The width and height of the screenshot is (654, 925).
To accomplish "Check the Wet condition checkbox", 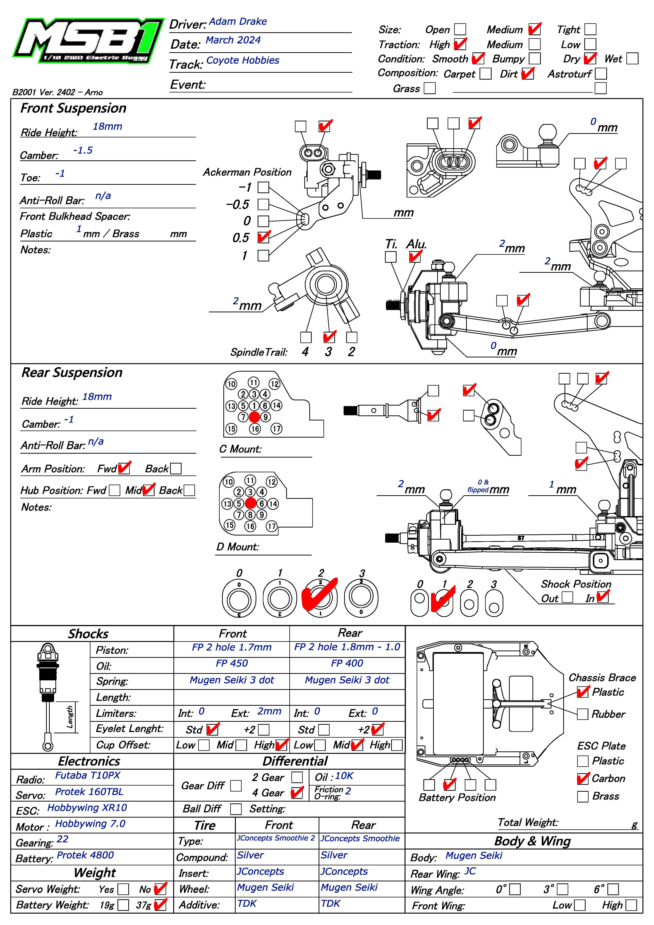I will point(632,59).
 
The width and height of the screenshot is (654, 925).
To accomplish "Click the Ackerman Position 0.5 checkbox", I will point(263,237).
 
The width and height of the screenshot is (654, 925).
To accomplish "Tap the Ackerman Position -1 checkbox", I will point(263,187).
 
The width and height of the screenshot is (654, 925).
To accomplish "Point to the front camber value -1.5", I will point(83,150).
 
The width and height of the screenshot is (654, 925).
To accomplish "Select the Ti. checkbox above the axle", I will point(390,257).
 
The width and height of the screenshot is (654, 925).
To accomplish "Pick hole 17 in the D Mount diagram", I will point(272,526).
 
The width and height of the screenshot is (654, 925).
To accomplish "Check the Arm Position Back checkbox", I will point(176,469).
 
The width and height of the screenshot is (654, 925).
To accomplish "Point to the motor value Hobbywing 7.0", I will point(90,823).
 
